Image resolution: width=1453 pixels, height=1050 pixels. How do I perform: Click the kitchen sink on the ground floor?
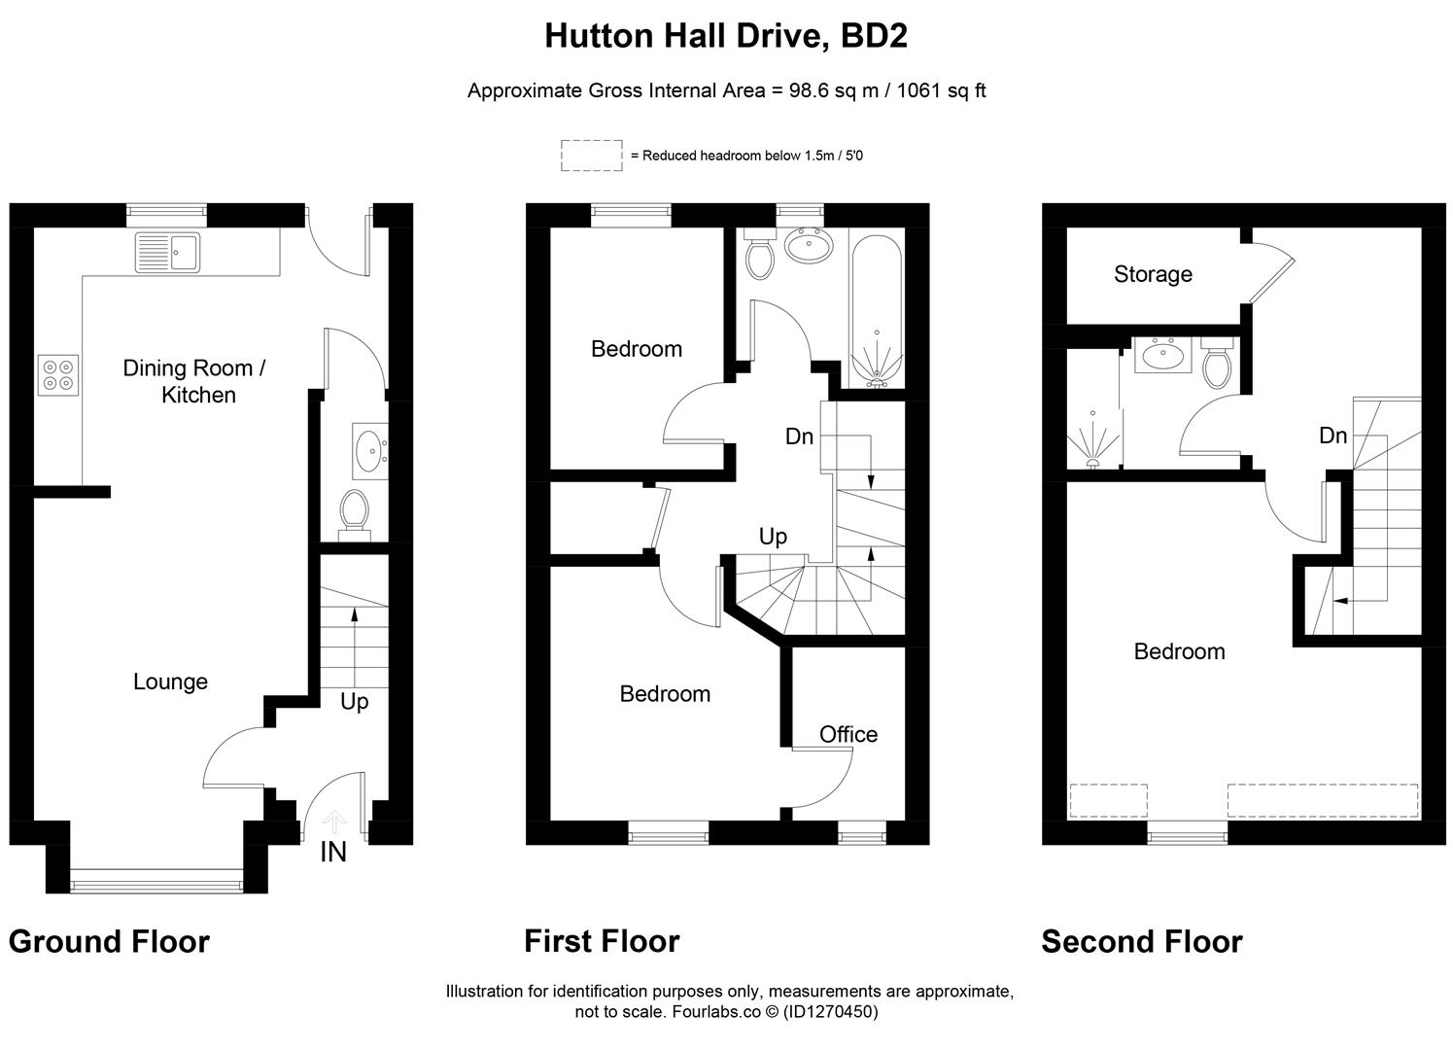167,253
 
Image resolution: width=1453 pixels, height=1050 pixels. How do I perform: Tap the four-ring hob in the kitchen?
57,375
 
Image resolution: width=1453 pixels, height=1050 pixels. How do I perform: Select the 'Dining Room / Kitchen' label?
194,381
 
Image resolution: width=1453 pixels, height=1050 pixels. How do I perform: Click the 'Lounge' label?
170,682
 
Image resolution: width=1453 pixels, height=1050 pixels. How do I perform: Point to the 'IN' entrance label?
332,853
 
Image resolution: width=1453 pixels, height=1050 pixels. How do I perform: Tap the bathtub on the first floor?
876,309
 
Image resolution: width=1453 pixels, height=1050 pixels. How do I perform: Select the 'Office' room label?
848,734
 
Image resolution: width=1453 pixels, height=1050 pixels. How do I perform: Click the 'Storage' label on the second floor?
1153,274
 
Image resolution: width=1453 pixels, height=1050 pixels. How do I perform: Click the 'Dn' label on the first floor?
799,437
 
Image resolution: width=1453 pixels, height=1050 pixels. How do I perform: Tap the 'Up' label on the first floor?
773,537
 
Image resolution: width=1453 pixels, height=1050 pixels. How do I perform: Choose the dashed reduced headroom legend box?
591,156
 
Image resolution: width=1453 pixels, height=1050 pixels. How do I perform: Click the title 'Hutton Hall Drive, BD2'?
725,36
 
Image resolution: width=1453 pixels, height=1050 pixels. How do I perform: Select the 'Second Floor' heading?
1141,941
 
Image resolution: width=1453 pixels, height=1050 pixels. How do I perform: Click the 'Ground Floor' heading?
109,941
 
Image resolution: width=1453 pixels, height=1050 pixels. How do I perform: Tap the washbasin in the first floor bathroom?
807,247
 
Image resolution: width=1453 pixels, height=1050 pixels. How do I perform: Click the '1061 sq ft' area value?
941,90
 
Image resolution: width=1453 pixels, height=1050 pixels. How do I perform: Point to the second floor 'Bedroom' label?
1179,651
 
